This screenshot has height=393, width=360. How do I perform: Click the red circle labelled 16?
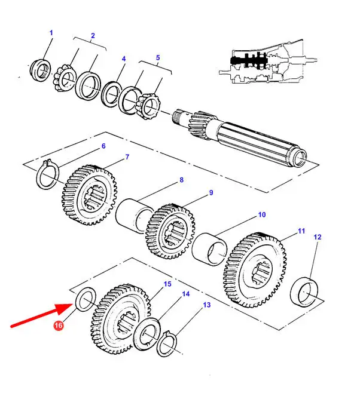tap(58, 326)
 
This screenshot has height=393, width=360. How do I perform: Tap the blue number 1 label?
tap(51, 33)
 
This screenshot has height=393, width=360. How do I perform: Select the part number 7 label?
tap(127, 157)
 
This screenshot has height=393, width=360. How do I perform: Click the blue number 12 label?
tap(318, 237)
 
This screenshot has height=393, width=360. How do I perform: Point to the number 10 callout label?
tap(262, 214)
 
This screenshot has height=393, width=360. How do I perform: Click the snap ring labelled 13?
tap(167, 344)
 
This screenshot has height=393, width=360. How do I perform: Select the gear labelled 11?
tap(255, 270)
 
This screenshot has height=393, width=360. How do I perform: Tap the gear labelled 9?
tap(170, 231)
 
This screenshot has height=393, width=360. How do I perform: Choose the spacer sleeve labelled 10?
tap(209, 249)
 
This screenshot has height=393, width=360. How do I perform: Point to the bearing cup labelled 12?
tap(304, 292)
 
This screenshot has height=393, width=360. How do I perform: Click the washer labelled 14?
tap(147, 334)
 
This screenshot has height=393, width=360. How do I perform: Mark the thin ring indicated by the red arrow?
tap(86, 299)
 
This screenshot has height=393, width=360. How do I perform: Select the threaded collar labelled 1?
tap(41, 69)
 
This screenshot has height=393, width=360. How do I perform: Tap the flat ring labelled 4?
tap(111, 94)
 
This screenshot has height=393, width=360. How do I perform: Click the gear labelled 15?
tap(120, 319)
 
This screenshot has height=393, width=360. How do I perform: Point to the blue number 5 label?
tap(157, 57)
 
